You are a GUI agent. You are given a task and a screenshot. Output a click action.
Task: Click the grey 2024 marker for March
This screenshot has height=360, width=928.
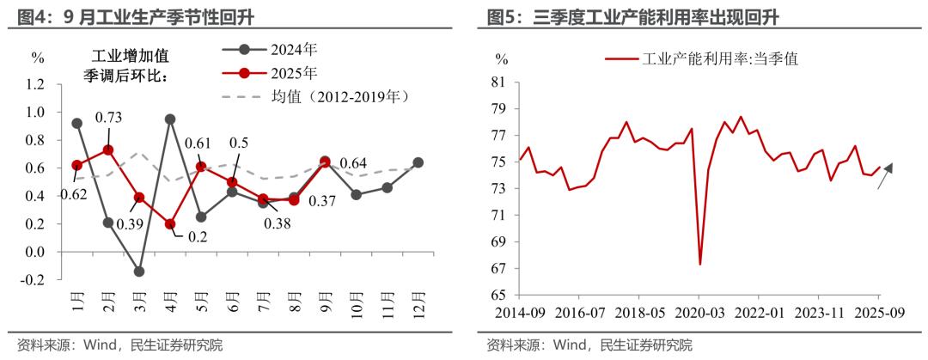coord(139,272)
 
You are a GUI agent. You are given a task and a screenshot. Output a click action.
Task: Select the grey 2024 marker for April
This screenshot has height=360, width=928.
coord(170,119)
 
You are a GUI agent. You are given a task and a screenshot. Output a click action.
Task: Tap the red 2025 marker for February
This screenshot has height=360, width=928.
coord(108,150)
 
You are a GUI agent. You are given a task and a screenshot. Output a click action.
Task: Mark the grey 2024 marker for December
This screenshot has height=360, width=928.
coord(418,162)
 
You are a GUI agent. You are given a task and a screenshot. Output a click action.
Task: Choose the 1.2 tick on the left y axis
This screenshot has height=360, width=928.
coord(35,84)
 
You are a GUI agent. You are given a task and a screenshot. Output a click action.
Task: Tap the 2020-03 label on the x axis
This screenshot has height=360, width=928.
coord(698,311)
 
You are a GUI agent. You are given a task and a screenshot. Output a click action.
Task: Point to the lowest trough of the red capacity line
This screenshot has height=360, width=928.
coord(700,264)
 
